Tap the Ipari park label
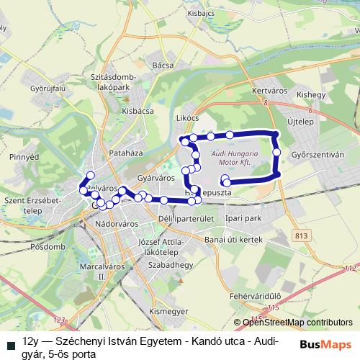tap(241, 217)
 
